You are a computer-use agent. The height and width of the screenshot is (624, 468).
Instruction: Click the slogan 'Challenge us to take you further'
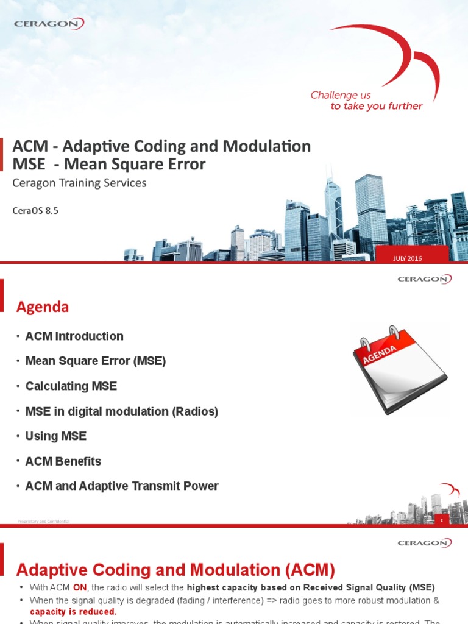pyautogui.click(x=366, y=101)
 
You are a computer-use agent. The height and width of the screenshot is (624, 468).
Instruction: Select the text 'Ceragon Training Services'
pyautogui.click(x=80, y=183)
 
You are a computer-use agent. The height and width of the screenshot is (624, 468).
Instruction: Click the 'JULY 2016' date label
pyautogui.click(x=408, y=258)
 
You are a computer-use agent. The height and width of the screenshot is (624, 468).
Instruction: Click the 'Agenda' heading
pyautogui.click(x=42, y=308)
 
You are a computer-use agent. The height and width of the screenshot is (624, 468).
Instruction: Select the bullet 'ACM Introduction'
pyautogui.click(x=74, y=336)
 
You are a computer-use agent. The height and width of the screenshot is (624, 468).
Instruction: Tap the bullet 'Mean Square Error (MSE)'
pyautogui.click(x=95, y=361)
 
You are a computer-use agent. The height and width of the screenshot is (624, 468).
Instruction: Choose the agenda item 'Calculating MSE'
pyautogui.click(x=71, y=386)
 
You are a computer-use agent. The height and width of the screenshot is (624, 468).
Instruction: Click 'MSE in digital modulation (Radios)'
pyautogui.click(x=121, y=411)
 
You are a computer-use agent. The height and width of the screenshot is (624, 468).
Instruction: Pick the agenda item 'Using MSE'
pyautogui.click(x=55, y=436)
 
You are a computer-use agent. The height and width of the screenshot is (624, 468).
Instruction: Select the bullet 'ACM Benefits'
pyautogui.click(x=63, y=461)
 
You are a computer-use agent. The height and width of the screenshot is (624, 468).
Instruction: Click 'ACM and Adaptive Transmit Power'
pyautogui.click(x=121, y=486)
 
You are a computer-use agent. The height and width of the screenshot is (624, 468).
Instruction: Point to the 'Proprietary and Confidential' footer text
pyautogui.click(x=43, y=522)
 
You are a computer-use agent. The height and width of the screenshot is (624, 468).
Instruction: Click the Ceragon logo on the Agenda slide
pyautogui.click(x=425, y=279)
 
